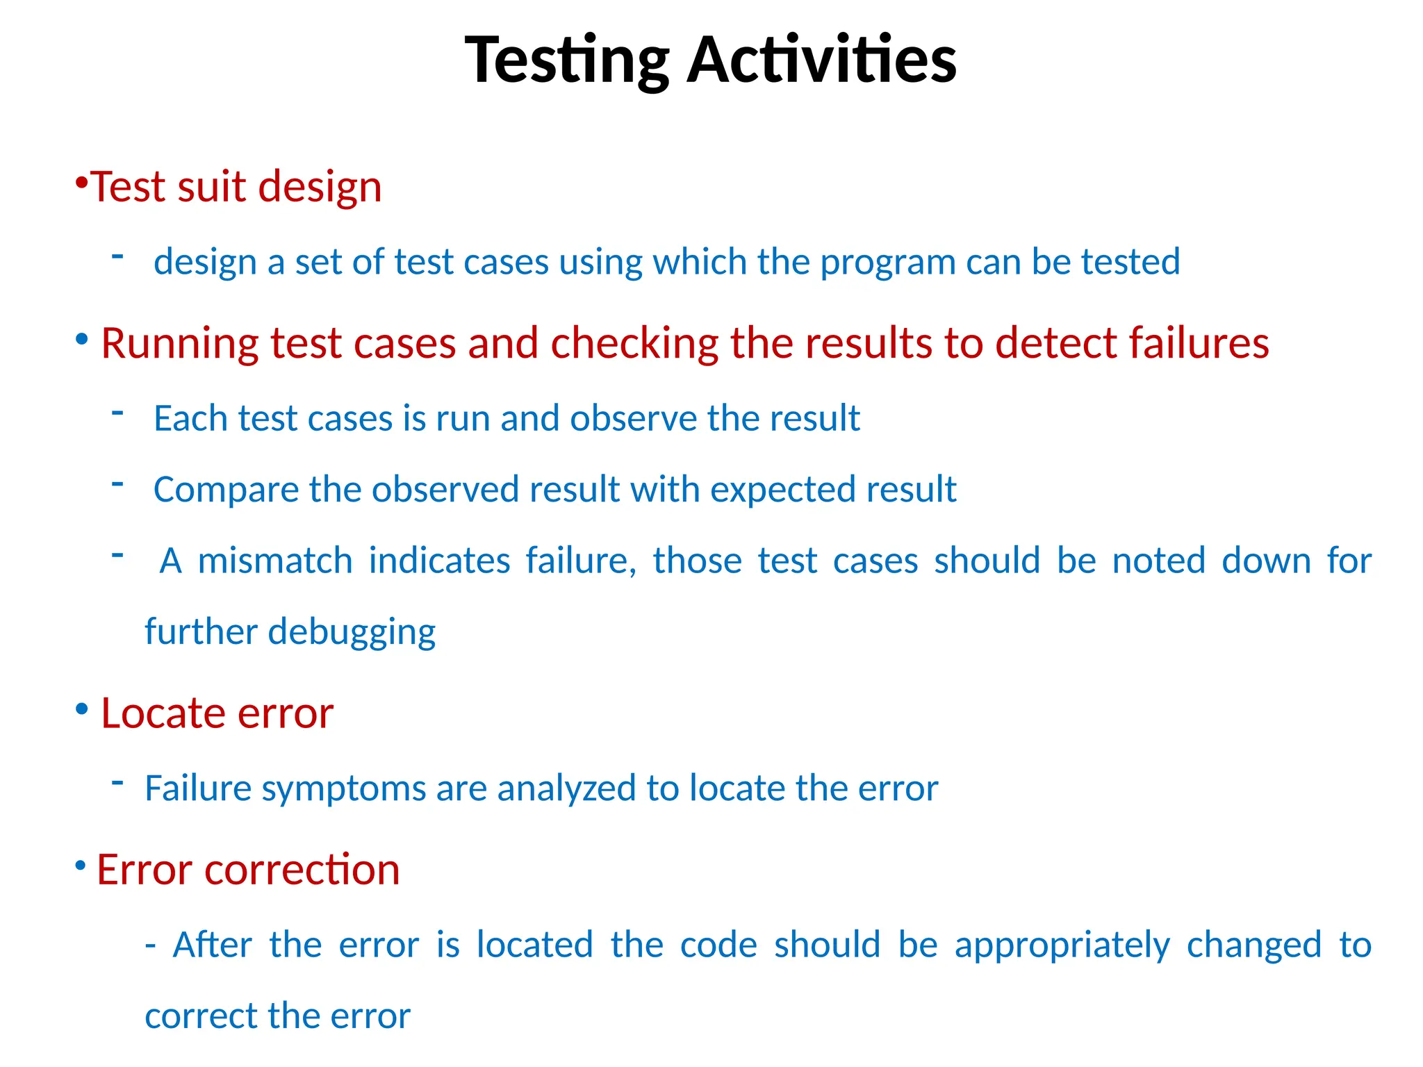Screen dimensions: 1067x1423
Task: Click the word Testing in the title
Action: [x=566, y=61]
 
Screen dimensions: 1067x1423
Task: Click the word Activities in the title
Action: [x=821, y=61]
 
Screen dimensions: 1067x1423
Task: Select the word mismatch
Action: [x=275, y=561]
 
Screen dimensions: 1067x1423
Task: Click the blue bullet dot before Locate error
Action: [x=82, y=709]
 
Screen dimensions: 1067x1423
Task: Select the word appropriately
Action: [x=1062, y=945]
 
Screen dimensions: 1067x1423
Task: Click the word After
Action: [x=212, y=945]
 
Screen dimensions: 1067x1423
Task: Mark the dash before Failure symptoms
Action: [x=117, y=783]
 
